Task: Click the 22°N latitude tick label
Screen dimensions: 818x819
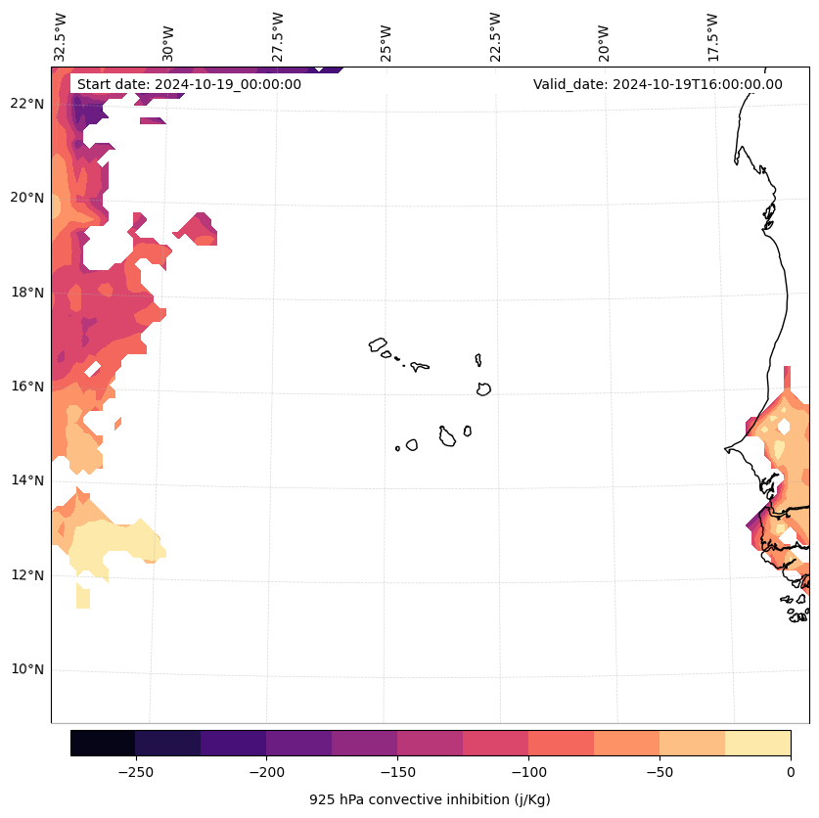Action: click(27, 104)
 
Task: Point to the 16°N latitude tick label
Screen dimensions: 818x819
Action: click(27, 386)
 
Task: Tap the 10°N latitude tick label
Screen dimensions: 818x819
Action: click(27, 670)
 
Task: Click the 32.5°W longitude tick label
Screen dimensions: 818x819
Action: click(61, 36)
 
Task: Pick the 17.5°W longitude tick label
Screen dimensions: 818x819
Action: click(712, 36)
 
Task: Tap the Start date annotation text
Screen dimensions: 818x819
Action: click(189, 84)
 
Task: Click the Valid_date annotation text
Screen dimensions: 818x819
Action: click(658, 84)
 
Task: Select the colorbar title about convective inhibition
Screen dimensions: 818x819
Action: click(430, 799)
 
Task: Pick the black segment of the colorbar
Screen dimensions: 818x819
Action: click(103, 743)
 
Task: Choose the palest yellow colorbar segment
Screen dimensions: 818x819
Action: click(757, 743)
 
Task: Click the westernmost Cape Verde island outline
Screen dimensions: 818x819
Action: click(378, 344)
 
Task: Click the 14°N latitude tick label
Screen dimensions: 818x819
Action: click(27, 480)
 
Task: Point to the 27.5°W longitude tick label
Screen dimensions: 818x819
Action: click(278, 36)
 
